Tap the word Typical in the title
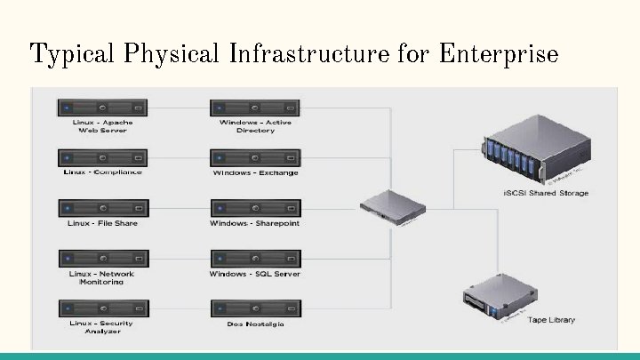tap(72, 55)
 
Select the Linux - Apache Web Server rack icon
tap(103, 108)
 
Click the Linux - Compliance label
tap(103, 172)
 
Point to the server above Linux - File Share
tap(103, 208)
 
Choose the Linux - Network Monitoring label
tap(103, 277)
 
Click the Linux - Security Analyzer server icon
tap(103, 308)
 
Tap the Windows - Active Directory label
tap(255, 126)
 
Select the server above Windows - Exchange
tap(255, 157)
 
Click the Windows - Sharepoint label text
tap(255, 223)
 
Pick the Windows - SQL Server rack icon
tap(255, 259)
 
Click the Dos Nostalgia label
tap(255, 324)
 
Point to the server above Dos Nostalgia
tap(255, 308)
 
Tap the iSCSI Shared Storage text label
tap(545, 193)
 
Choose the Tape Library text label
tap(551, 319)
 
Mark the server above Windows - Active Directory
tap(255, 108)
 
